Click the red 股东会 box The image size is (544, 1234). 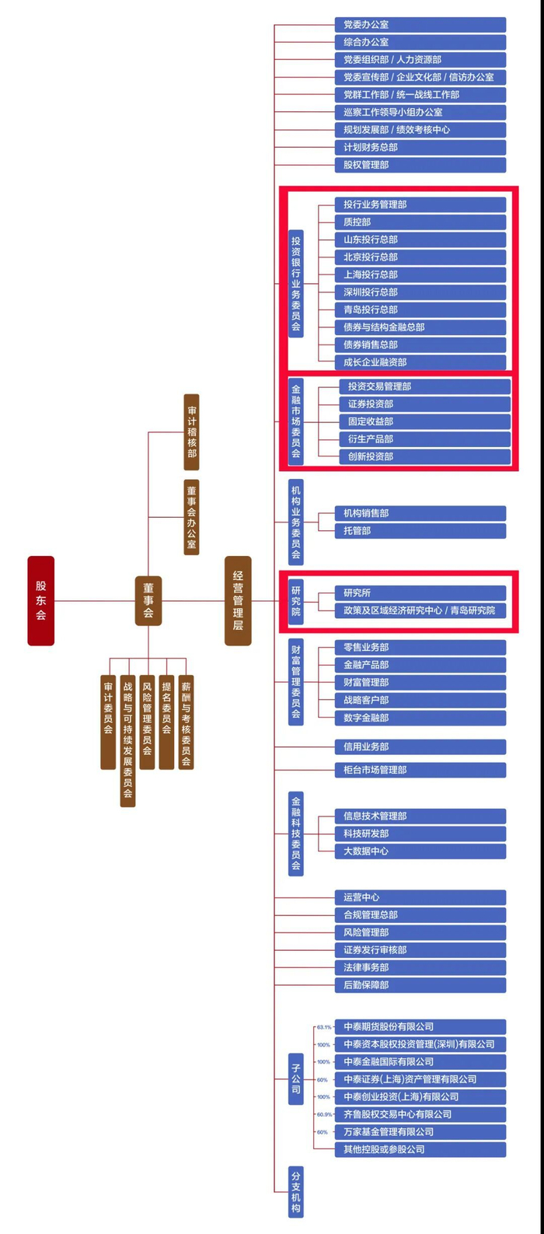point(40,600)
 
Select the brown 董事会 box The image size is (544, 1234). point(148,600)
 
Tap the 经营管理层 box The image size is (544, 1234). point(238,600)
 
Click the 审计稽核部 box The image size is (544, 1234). point(191,432)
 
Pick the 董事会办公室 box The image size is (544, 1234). point(191,517)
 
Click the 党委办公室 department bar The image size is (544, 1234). point(420,25)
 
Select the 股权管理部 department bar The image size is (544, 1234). point(420,165)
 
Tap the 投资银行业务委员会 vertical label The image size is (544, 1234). point(296,283)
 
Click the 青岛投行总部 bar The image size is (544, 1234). point(420,309)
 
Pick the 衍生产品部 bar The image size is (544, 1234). point(424,439)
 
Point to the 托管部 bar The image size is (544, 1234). point(420,531)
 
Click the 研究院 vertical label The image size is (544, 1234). point(296,601)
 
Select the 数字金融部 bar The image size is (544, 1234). point(420,718)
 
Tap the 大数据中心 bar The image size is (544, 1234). point(420,851)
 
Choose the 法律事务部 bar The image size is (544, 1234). point(420,967)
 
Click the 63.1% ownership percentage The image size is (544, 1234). point(323,1027)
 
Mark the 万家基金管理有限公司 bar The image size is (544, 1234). point(420,1132)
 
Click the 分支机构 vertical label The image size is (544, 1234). point(296,1190)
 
